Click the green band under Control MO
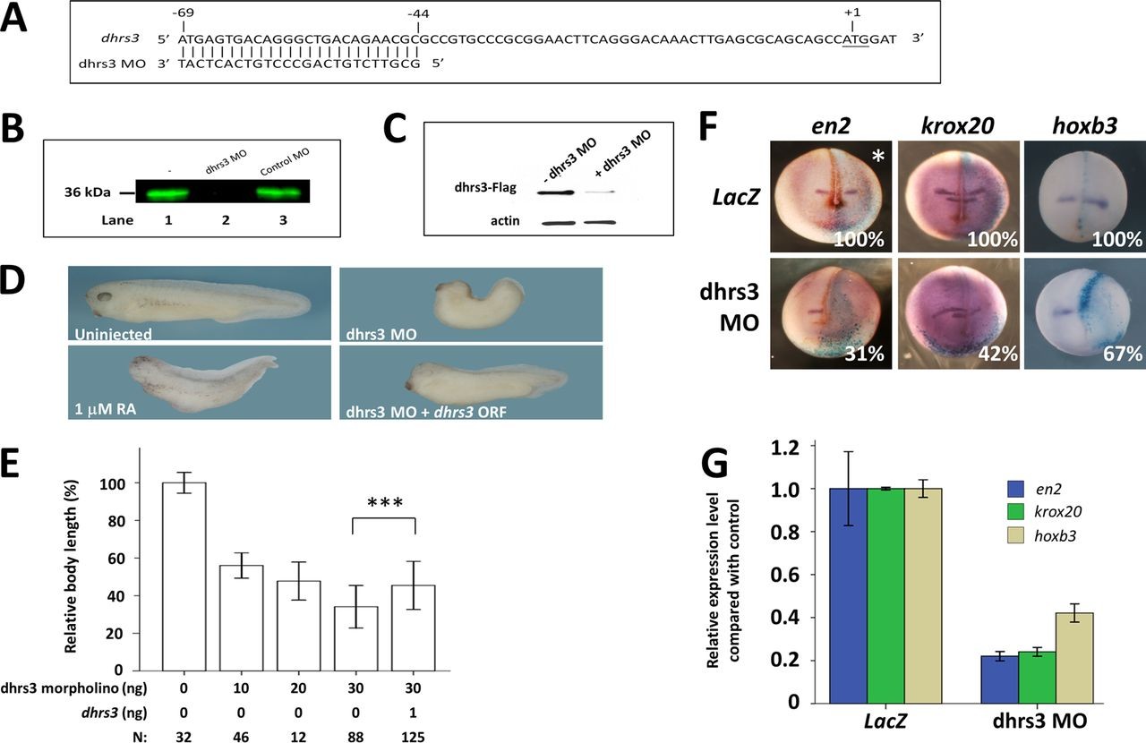(x=279, y=191)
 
